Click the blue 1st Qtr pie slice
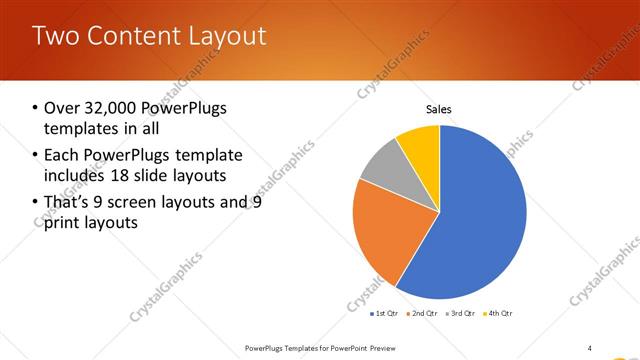pos(480,220)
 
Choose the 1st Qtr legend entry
pos(384,314)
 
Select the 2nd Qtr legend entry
pos(422,314)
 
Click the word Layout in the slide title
pos(229,36)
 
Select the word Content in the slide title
pos(132,36)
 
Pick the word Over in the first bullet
pos(61,108)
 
